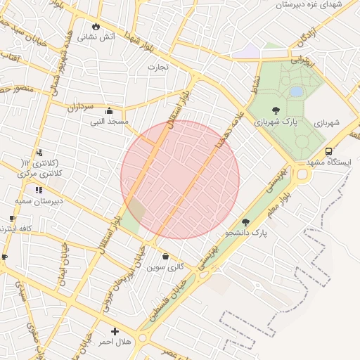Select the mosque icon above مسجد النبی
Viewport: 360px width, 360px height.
click(x=109, y=110)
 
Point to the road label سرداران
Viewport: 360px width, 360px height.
click(x=81, y=107)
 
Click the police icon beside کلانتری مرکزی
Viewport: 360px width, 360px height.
click(x=39, y=152)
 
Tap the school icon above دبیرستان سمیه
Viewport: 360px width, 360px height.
click(x=38, y=189)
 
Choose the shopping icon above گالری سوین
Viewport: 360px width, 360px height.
click(x=165, y=256)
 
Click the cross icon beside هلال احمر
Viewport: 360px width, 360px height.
click(x=115, y=331)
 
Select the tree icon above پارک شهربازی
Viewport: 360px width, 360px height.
click(x=275, y=110)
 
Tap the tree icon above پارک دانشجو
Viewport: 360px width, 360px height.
click(x=245, y=221)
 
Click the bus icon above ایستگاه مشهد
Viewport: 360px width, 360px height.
click(x=328, y=151)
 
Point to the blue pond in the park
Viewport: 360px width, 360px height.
click(x=297, y=91)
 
